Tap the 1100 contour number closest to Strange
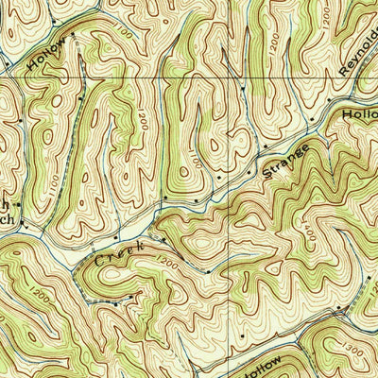point(193,163)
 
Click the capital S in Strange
point(267,174)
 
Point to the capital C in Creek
point(99,260)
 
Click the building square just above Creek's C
point(115,236)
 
